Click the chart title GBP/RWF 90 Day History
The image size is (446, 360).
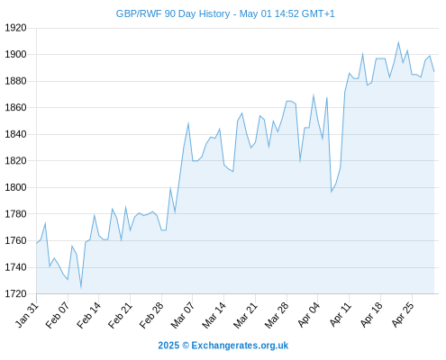point(173,13)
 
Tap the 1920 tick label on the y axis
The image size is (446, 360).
point(15,28)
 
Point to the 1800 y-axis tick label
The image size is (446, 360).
point(15,187)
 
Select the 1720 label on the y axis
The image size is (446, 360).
point(15,293)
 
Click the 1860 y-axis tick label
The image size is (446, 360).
point(15,107)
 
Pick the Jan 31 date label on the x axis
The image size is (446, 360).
point(27,315)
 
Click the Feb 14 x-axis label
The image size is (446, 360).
point(88,315)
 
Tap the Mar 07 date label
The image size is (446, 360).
point(183,315)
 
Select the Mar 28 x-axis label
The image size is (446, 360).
point(277,315)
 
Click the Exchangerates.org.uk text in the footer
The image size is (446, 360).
point(240,346)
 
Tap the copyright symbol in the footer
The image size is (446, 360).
point(186,346)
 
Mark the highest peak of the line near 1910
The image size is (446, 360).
point(398,42)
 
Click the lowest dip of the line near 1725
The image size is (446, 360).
point(81,287)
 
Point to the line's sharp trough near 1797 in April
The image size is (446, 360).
point(332,192)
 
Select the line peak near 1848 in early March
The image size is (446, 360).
point(188,122)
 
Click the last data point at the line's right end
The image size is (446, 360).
point(434,71)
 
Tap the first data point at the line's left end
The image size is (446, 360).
point(37,243)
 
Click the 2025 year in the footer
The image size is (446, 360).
point(168,346)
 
